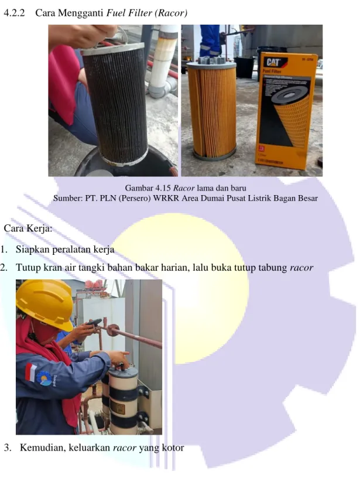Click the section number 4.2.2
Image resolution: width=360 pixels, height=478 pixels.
[13, 13]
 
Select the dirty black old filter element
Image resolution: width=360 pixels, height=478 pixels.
[116, 103]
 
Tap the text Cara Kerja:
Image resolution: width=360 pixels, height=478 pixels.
[28, 228]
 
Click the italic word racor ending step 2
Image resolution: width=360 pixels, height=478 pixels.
[301, 268]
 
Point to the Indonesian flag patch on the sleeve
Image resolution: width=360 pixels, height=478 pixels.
[30, 372]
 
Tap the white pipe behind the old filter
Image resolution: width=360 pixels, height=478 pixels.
[163, 61]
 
